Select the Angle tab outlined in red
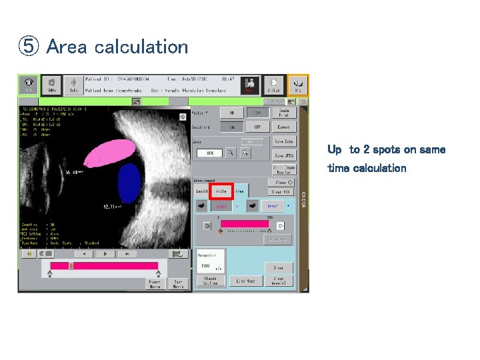(221, 191)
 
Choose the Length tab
(202, 191)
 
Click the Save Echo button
(283, 141)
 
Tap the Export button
(283, 126)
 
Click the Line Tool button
(246, 281)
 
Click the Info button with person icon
(74, 84)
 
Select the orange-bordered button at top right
(297, 84)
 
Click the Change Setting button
(210, 281)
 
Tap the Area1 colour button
(221, 206)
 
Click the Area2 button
(272, 206)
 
